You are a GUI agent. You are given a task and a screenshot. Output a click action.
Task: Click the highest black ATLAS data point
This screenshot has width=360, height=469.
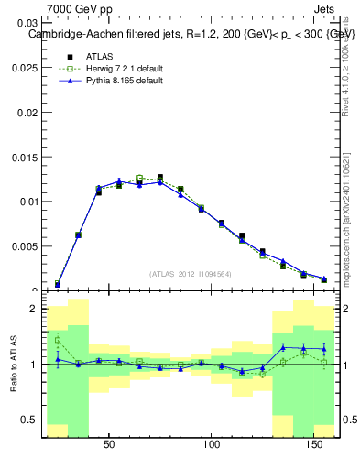[160, 178]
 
